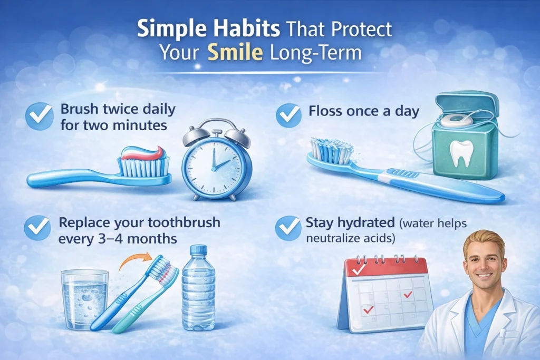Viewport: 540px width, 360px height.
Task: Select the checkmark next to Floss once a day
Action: point(288,114)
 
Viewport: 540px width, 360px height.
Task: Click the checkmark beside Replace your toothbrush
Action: point(38,227)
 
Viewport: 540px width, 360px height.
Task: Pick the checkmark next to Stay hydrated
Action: point(288,227)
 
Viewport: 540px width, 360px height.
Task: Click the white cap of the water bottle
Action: point(198,250)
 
